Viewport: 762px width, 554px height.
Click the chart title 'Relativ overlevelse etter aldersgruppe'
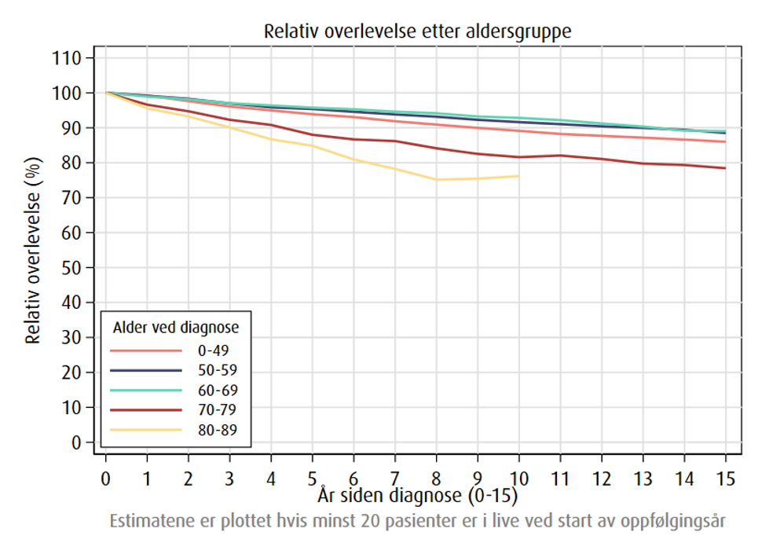[x=417, y=32]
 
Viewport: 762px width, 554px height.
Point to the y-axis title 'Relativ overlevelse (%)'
[x=33, y=250]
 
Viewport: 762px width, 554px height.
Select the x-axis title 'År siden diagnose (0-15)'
[x=418, y=497]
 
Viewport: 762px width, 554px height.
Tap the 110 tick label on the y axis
[x=67, y=58]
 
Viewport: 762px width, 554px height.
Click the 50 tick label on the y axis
[x=71, y=268]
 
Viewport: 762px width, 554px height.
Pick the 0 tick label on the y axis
[x=76, y=442]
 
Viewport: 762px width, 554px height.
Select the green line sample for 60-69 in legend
[x=146, y=390]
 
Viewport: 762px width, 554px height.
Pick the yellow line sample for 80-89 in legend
[x=146, y=430]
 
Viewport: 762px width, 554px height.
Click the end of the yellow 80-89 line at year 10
[x=518, y=176]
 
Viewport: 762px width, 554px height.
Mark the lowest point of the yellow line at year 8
[x=436, y=180]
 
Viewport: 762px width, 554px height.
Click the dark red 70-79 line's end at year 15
[x=725, y=168]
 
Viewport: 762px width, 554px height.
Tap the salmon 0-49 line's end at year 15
[x=725, y=141]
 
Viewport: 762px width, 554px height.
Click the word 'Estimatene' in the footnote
[x=148, y=521]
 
